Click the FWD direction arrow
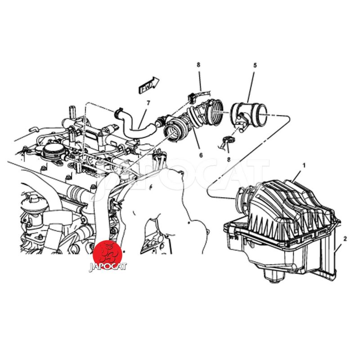click(x=149, y=85)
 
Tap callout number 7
click(x=148, y=103)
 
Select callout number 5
click(x=255, y=65)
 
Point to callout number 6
click(x=201, y=155)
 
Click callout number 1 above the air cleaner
click(x=304, y=165)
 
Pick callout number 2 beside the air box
click(x=345, y=239)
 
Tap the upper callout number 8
click(x=198, y=65)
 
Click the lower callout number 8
click(x=229, y=159)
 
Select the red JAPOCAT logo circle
click(x=107, y=254)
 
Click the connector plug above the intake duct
click(x=192, y=98)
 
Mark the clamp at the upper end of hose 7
click(x=119, y=112)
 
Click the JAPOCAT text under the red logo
click(x=108, y=266)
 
